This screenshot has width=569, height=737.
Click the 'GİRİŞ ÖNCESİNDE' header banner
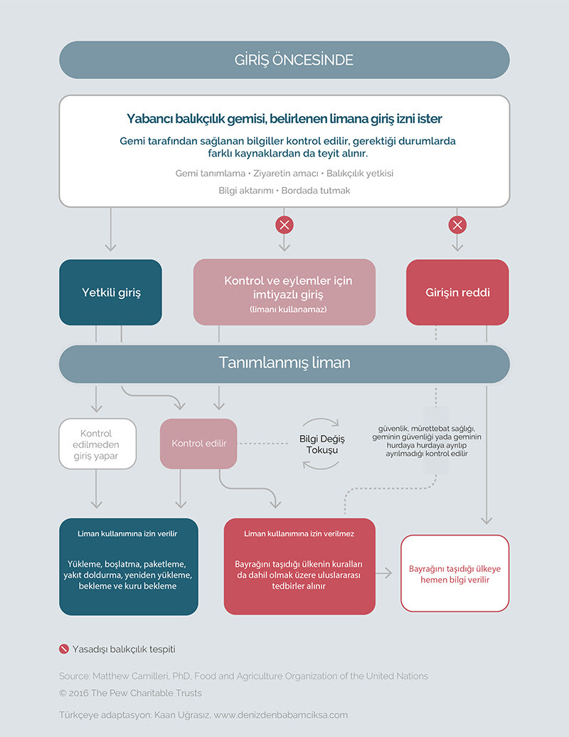click(284, 60)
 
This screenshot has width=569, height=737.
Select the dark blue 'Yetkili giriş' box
click(110, 293)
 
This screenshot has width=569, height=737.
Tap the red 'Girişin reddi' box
click(457, 293)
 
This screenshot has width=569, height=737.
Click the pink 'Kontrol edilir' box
click(198, 443)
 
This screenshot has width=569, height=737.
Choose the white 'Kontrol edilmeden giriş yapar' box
click(97, 444)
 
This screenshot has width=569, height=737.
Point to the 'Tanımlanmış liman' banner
click(284, 364)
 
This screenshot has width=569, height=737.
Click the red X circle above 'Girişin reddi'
click(458, 225)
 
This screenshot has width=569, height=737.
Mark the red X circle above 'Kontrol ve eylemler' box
click(284, 225)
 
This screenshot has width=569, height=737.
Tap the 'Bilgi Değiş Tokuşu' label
click(322, 444)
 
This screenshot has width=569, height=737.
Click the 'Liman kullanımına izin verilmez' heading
click(299, 533)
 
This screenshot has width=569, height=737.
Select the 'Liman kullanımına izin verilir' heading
click(127, 533)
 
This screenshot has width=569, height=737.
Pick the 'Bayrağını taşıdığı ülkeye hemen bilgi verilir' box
click(455, 573)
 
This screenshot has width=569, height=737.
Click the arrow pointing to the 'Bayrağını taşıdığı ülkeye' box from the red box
click(383, 573)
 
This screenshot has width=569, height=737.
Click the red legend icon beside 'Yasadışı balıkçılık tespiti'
click(64, 649)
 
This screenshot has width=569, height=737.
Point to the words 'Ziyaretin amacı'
click(286, 174)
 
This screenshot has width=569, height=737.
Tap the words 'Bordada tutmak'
click(316, 190)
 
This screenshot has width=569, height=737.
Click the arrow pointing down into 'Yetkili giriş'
click(111, 229)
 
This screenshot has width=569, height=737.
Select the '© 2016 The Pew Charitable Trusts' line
click(130, 693)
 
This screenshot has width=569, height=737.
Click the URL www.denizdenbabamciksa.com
click(281, 715)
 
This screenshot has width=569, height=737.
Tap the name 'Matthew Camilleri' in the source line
click(130, 676)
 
